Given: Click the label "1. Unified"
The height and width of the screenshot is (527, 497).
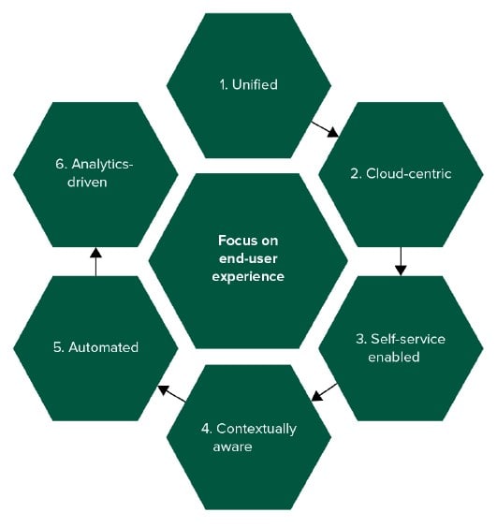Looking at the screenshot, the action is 248,84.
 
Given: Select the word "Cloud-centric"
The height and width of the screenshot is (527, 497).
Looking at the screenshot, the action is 408,173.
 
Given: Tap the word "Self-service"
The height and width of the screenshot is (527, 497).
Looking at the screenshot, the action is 407,339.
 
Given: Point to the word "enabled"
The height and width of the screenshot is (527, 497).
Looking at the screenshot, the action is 393,357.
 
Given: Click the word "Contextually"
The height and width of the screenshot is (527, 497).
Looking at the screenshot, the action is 256,430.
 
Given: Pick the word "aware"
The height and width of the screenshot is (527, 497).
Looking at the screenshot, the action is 232,447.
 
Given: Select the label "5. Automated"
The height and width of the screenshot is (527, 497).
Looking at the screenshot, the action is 95,347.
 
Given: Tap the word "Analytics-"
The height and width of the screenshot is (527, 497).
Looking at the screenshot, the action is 103,165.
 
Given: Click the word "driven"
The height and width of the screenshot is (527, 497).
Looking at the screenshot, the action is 87,183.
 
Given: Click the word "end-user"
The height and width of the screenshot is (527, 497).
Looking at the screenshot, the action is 248,258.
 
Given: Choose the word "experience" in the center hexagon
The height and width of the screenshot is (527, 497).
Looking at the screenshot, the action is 248,277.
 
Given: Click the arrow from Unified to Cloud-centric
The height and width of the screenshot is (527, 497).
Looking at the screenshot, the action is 325,129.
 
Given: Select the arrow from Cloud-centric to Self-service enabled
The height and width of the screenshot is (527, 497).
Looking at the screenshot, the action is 401,261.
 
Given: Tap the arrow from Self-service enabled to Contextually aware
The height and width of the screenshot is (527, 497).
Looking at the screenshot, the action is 324,392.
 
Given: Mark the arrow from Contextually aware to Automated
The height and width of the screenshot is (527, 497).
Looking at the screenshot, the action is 172,393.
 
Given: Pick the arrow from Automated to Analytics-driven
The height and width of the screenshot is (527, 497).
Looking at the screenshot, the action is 95,262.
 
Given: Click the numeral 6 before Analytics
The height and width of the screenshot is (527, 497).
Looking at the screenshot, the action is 60,165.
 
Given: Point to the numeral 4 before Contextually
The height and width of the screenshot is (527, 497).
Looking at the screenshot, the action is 205,429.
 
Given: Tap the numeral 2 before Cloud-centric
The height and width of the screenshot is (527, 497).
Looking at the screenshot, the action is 355,174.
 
